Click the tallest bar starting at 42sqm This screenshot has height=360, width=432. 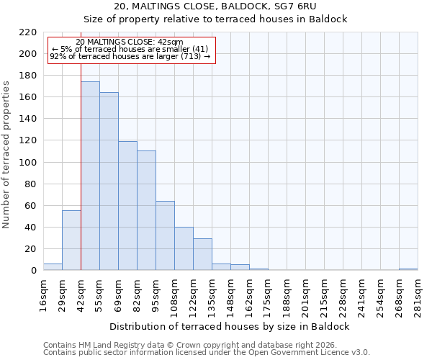pyautogui.click(x=90, y=176)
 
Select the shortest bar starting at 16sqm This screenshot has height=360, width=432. pyautogui.click(x=53, y=267)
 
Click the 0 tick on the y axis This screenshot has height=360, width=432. pyautogui.click(x=34, y=271)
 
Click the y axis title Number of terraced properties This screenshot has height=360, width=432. pyautogui.click(x=7, y=155)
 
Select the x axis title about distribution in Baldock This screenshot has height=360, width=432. pyautogui.click(x=230, y=327)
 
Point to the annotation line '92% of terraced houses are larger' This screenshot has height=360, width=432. pyautogui.click(x=130, y=56)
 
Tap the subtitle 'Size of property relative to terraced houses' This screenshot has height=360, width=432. pyautogui.click(x=216, y=19)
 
